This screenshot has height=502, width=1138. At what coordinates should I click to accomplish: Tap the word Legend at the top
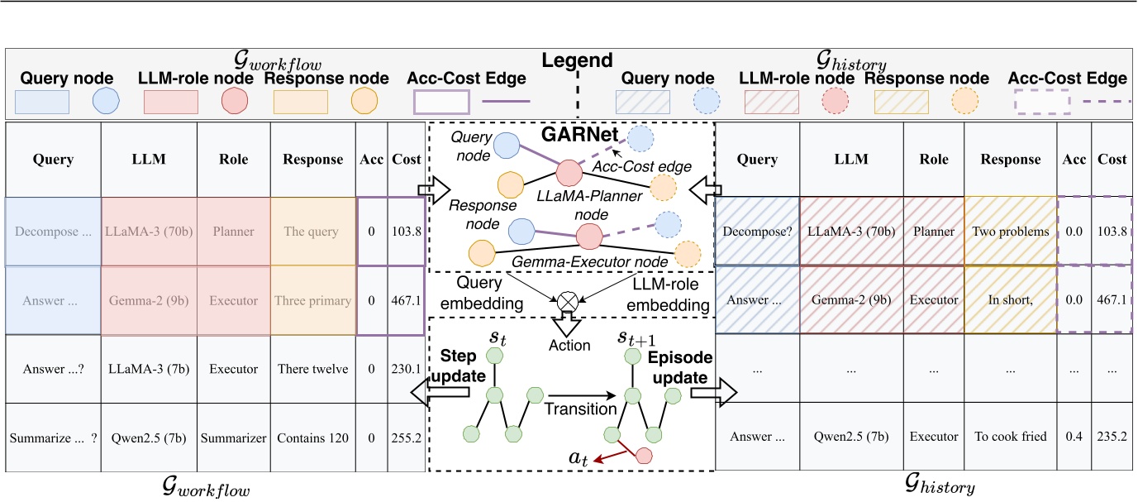click(577, 61)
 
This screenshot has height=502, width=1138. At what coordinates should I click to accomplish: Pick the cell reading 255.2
click(404, 436)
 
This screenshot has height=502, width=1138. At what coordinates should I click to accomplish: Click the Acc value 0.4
click(1074, 436)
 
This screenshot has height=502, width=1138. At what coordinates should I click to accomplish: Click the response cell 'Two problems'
click(1011, 232)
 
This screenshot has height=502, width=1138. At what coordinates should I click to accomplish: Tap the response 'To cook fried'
click(1011, 436)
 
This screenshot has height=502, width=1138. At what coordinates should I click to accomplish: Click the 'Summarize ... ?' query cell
click(53, 436)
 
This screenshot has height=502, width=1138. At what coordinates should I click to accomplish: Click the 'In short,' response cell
click(1011, 300)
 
